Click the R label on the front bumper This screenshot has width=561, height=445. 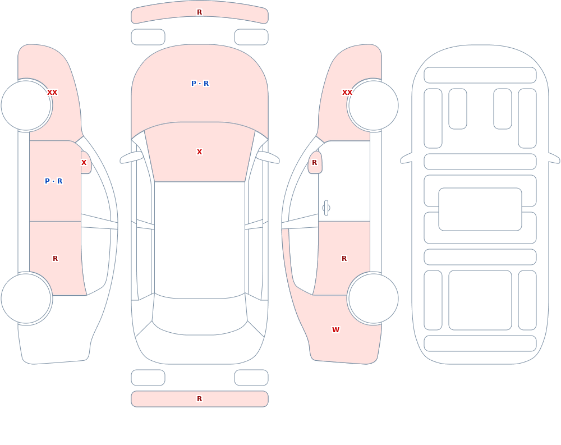199,12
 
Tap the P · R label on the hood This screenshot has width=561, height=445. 200,84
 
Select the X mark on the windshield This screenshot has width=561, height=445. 199,152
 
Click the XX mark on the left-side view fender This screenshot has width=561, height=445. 52,93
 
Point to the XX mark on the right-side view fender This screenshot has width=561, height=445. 347,93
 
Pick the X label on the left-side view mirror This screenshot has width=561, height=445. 84,163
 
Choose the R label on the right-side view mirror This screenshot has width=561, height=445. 315,163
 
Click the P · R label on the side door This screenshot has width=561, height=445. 54,181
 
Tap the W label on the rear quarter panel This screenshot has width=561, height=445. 335,330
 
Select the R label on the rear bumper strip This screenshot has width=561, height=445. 199,399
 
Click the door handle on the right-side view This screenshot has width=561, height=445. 326,208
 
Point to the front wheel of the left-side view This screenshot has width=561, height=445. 26,105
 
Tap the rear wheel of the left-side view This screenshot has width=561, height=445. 26,298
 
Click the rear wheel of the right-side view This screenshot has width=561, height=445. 374,298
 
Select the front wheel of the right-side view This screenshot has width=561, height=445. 374,105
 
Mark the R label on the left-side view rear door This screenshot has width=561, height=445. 55,259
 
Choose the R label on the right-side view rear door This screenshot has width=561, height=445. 344,259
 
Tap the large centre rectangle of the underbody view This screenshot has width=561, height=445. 480,209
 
